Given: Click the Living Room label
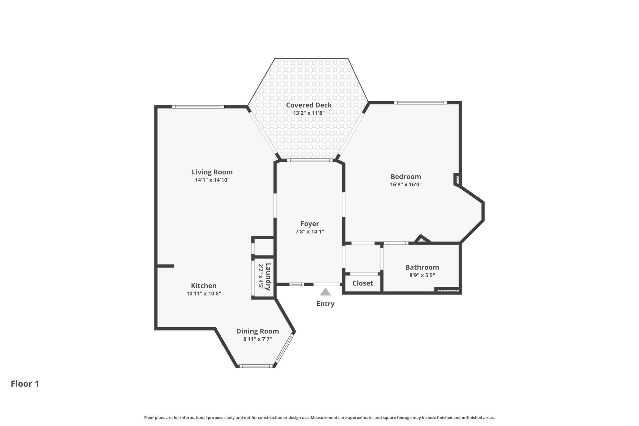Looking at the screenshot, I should pos(212,172).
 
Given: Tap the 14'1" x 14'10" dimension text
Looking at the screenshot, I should pos(212,180).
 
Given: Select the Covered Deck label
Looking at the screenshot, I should pos(309,105).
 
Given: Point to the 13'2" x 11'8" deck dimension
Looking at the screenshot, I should pos(309,113).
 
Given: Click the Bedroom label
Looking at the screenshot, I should pos(406,177).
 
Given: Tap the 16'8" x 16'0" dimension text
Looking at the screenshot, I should pos(406,185).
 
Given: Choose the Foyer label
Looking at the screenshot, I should pos(310,224).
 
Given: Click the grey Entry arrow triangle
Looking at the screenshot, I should pos(325,292).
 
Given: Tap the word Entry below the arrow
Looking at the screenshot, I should pos(325,304).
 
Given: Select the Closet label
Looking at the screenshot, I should pos(362,283).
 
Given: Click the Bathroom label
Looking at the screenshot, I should pos(422,267).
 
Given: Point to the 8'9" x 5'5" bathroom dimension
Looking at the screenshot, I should pos(422,275).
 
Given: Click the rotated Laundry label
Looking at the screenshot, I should pos(268,277).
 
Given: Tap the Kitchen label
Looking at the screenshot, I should pos(204,286).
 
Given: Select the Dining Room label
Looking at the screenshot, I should pos(257,331).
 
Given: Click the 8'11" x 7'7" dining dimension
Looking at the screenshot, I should pos(257,339).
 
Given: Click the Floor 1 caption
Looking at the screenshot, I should pos(25,384).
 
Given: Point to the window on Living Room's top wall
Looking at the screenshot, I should pos(198,107).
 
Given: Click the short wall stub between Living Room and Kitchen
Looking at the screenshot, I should pos(165,266).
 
